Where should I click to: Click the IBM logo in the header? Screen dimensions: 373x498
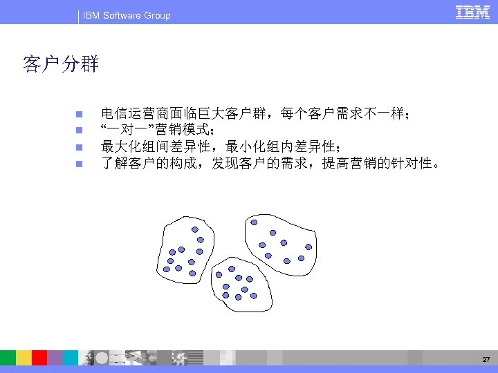[473, 12]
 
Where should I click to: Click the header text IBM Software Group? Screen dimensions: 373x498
[126, 15]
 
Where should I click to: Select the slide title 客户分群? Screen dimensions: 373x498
[61, 66]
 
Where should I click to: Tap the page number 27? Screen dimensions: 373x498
[486, 360]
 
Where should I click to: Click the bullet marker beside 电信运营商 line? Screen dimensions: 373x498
[79, 113]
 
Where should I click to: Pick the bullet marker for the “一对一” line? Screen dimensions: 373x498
[79, 130]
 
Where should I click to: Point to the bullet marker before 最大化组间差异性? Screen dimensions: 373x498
[79, 146]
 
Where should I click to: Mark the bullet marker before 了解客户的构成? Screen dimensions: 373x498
[79, 164]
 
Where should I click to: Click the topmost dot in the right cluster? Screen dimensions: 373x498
[255, 222]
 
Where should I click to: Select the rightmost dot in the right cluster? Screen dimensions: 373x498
[308, 247]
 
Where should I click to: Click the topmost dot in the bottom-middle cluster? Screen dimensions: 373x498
[232, 269]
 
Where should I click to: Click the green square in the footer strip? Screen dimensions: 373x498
[8, 357]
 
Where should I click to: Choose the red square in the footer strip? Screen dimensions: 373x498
[39, 357]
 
